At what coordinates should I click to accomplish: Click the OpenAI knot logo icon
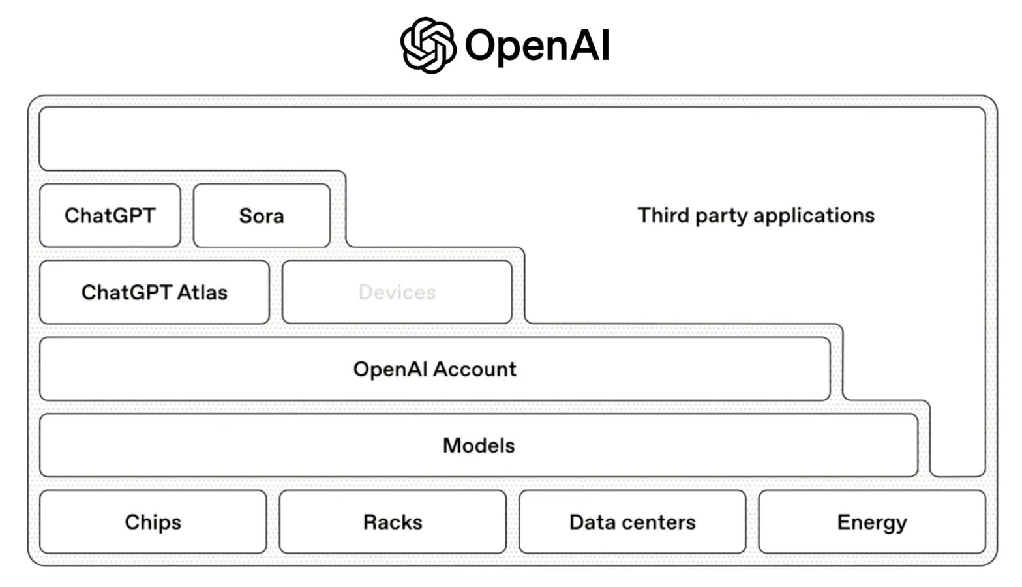(427, 45)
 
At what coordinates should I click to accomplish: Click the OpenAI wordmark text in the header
(537, 46)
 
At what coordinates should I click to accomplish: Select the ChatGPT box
(110, 215)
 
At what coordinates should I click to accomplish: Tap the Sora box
(262, 216)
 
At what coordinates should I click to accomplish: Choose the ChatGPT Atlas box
(154, 292)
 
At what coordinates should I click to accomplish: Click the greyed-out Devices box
(397, 292)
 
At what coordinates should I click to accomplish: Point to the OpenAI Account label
(434, 369)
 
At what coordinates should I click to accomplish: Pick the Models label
(479, 445)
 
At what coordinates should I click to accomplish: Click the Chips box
(153, 522)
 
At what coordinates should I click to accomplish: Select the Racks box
(393, 522)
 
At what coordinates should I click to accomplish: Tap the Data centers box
(632, 522)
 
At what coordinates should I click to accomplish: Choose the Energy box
(872, 522)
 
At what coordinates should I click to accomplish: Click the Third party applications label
(755, 215)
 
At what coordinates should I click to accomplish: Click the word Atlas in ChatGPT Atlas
(202, 292)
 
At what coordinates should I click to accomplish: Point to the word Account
(475, 369)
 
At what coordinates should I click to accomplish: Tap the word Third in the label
(663, 215)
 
